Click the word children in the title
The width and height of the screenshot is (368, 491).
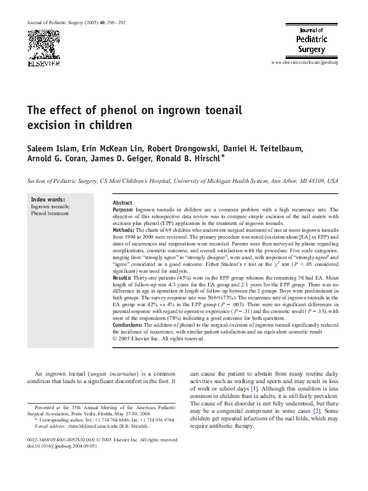tap(111, 125)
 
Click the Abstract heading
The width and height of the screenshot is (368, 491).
tap(123, 203)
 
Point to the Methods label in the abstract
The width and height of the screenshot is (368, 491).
tap(125, 229)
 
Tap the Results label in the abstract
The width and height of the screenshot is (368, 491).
tap(124, 277)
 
